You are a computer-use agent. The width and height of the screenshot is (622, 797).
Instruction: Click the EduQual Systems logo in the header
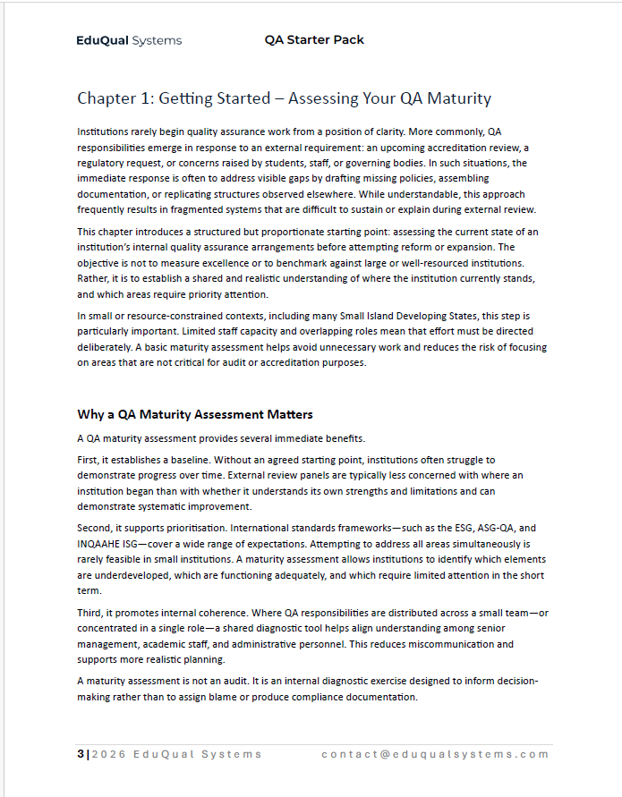point(129,40)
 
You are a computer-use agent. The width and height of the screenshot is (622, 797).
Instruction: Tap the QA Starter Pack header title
point(314,39)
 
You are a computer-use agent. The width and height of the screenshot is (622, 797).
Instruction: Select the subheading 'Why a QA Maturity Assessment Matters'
point(195,414)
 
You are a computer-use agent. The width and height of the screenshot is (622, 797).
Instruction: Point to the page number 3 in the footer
point(80,754)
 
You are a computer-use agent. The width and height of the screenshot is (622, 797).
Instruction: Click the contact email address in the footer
point(435,754)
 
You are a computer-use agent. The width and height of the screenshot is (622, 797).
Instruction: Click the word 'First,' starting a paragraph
point(90,459)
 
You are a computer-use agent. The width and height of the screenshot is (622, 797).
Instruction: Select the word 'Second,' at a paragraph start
point(98,529)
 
